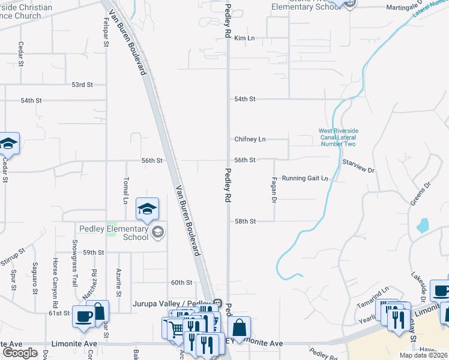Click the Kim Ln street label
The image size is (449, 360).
(x=245, y=38)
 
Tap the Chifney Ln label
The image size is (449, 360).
(x=250, y=139)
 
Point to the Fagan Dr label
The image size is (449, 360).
(x=273, y=190)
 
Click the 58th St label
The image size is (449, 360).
(x=245, y=221)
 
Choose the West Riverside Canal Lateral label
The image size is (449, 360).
(x=337, y=137)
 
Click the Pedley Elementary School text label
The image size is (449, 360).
(x=114, y=233)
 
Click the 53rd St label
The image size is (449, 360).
(x=82, y=85)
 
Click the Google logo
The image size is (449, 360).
(x=20, y=353)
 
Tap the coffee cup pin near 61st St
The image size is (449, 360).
(x=82, y=317)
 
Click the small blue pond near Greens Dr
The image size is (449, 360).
(x=423, y=226)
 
